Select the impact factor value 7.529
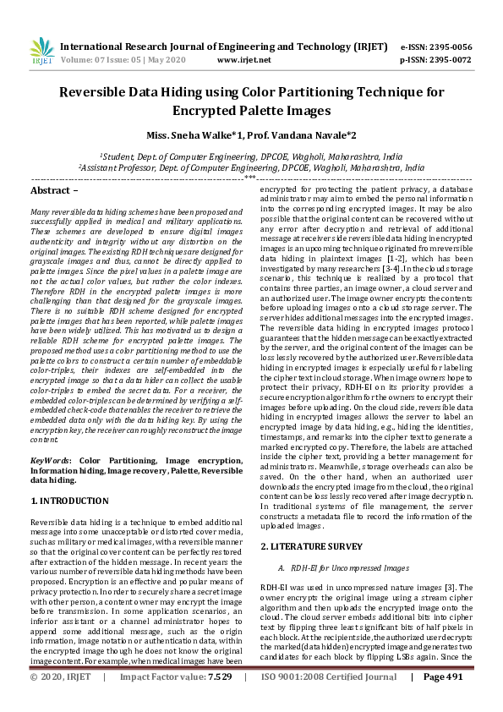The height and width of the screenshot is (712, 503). click(x=218, y=701)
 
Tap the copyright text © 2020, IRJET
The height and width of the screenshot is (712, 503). click(x=61, y=701)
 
